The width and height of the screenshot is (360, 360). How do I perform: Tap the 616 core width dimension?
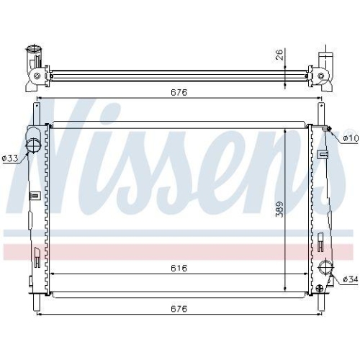point(179,268)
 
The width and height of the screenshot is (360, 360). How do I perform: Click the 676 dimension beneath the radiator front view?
point(179,309)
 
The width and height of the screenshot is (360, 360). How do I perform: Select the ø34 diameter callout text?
point(350,279)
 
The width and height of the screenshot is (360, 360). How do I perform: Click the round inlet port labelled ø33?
point(33,145)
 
